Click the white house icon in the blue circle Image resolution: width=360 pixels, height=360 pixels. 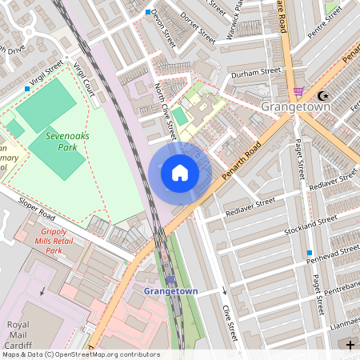(180, 173)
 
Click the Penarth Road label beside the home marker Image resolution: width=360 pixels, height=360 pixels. (243, 161)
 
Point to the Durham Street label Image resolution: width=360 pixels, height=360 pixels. (256, 72)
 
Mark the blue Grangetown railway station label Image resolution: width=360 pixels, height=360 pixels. (170, 291)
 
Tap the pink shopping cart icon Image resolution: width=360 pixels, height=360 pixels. (299, 92)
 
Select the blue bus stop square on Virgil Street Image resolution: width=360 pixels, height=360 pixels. (28, 89)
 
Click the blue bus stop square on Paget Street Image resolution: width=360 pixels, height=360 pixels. (309, 254)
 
